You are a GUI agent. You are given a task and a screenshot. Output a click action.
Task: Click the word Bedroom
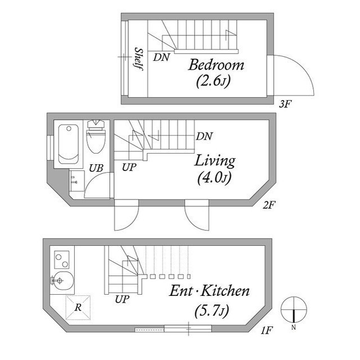[216, 65]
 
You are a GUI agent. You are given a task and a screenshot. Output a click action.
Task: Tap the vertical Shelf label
[139, 58]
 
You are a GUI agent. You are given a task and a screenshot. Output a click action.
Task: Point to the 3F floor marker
[285, 104]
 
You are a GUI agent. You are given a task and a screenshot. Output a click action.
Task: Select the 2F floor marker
[269, 205]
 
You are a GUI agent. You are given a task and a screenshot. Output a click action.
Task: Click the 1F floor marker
[267, 330]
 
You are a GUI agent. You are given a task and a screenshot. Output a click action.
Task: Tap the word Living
[215, 161]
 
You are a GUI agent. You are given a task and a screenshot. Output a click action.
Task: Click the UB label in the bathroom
[96, 168]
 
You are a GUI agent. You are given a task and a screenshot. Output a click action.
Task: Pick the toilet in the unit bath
[96, 136]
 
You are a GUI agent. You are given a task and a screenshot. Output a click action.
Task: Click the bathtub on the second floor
[69, 144]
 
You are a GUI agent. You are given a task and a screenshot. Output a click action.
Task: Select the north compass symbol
[294, 310]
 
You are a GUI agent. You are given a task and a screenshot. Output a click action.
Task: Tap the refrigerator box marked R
[78, 308]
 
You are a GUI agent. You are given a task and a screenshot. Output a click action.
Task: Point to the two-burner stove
[62, 259]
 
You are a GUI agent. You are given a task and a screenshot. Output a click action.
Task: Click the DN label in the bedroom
[161, 57]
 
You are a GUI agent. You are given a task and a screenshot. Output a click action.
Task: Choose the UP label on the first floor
[123, 299]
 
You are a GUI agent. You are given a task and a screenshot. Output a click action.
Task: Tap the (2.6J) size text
[213, 80]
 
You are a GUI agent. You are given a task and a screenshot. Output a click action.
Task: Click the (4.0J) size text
[214, 178]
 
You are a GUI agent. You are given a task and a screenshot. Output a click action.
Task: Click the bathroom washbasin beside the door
[76, 181]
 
